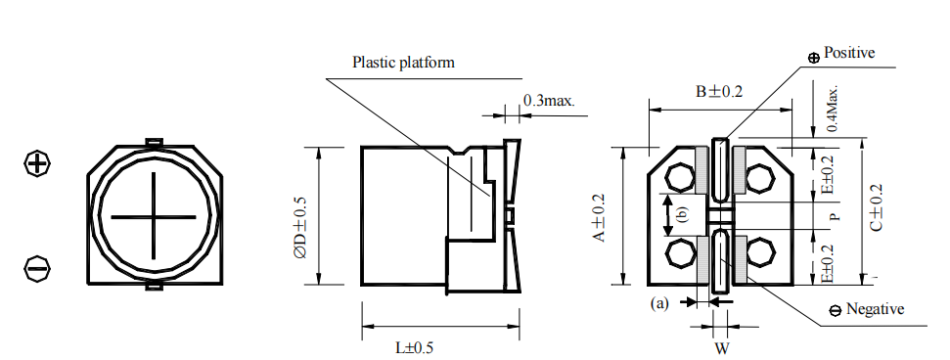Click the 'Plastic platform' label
[403, 63]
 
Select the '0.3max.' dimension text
[549, 100]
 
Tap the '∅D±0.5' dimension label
[300, 228]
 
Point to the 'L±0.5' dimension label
[415, 348]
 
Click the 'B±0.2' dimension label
[718, 92]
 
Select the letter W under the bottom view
[722, 348]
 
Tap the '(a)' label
[659, 303]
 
